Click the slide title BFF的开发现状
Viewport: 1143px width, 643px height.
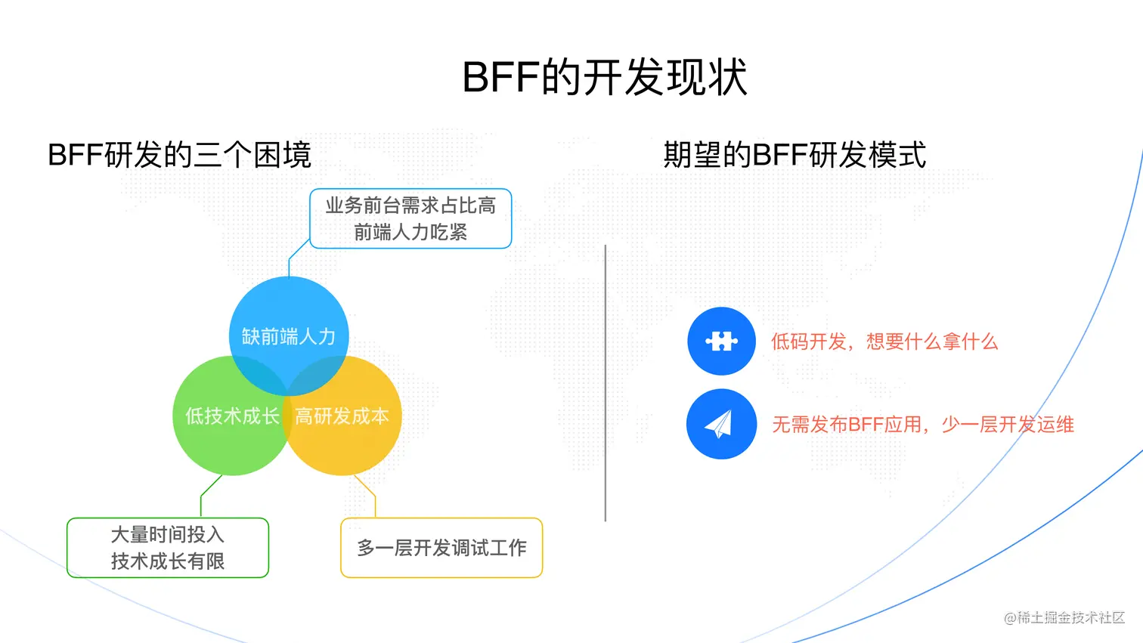[x=605, y=77]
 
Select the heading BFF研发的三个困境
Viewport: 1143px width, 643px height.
[x=179, y=155]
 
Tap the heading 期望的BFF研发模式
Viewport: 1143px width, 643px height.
[x=795, y=155]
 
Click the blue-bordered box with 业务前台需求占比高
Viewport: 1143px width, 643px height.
[x=410, y=218]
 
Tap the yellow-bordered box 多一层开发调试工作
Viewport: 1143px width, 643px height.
[x=441, y=548]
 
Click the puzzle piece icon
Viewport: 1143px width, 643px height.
[x=721, y=342]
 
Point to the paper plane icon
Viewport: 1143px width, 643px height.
[x=721, y=424]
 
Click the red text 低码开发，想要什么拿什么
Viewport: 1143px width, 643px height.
[x=884, y=342]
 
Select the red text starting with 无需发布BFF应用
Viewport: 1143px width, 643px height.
[x=922, y=425]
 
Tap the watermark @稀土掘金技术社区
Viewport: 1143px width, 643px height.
[x=1064, y=617]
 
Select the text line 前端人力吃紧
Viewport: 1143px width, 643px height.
[x=410, y=232]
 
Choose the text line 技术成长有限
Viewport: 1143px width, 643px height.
[x=168, y=561]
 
